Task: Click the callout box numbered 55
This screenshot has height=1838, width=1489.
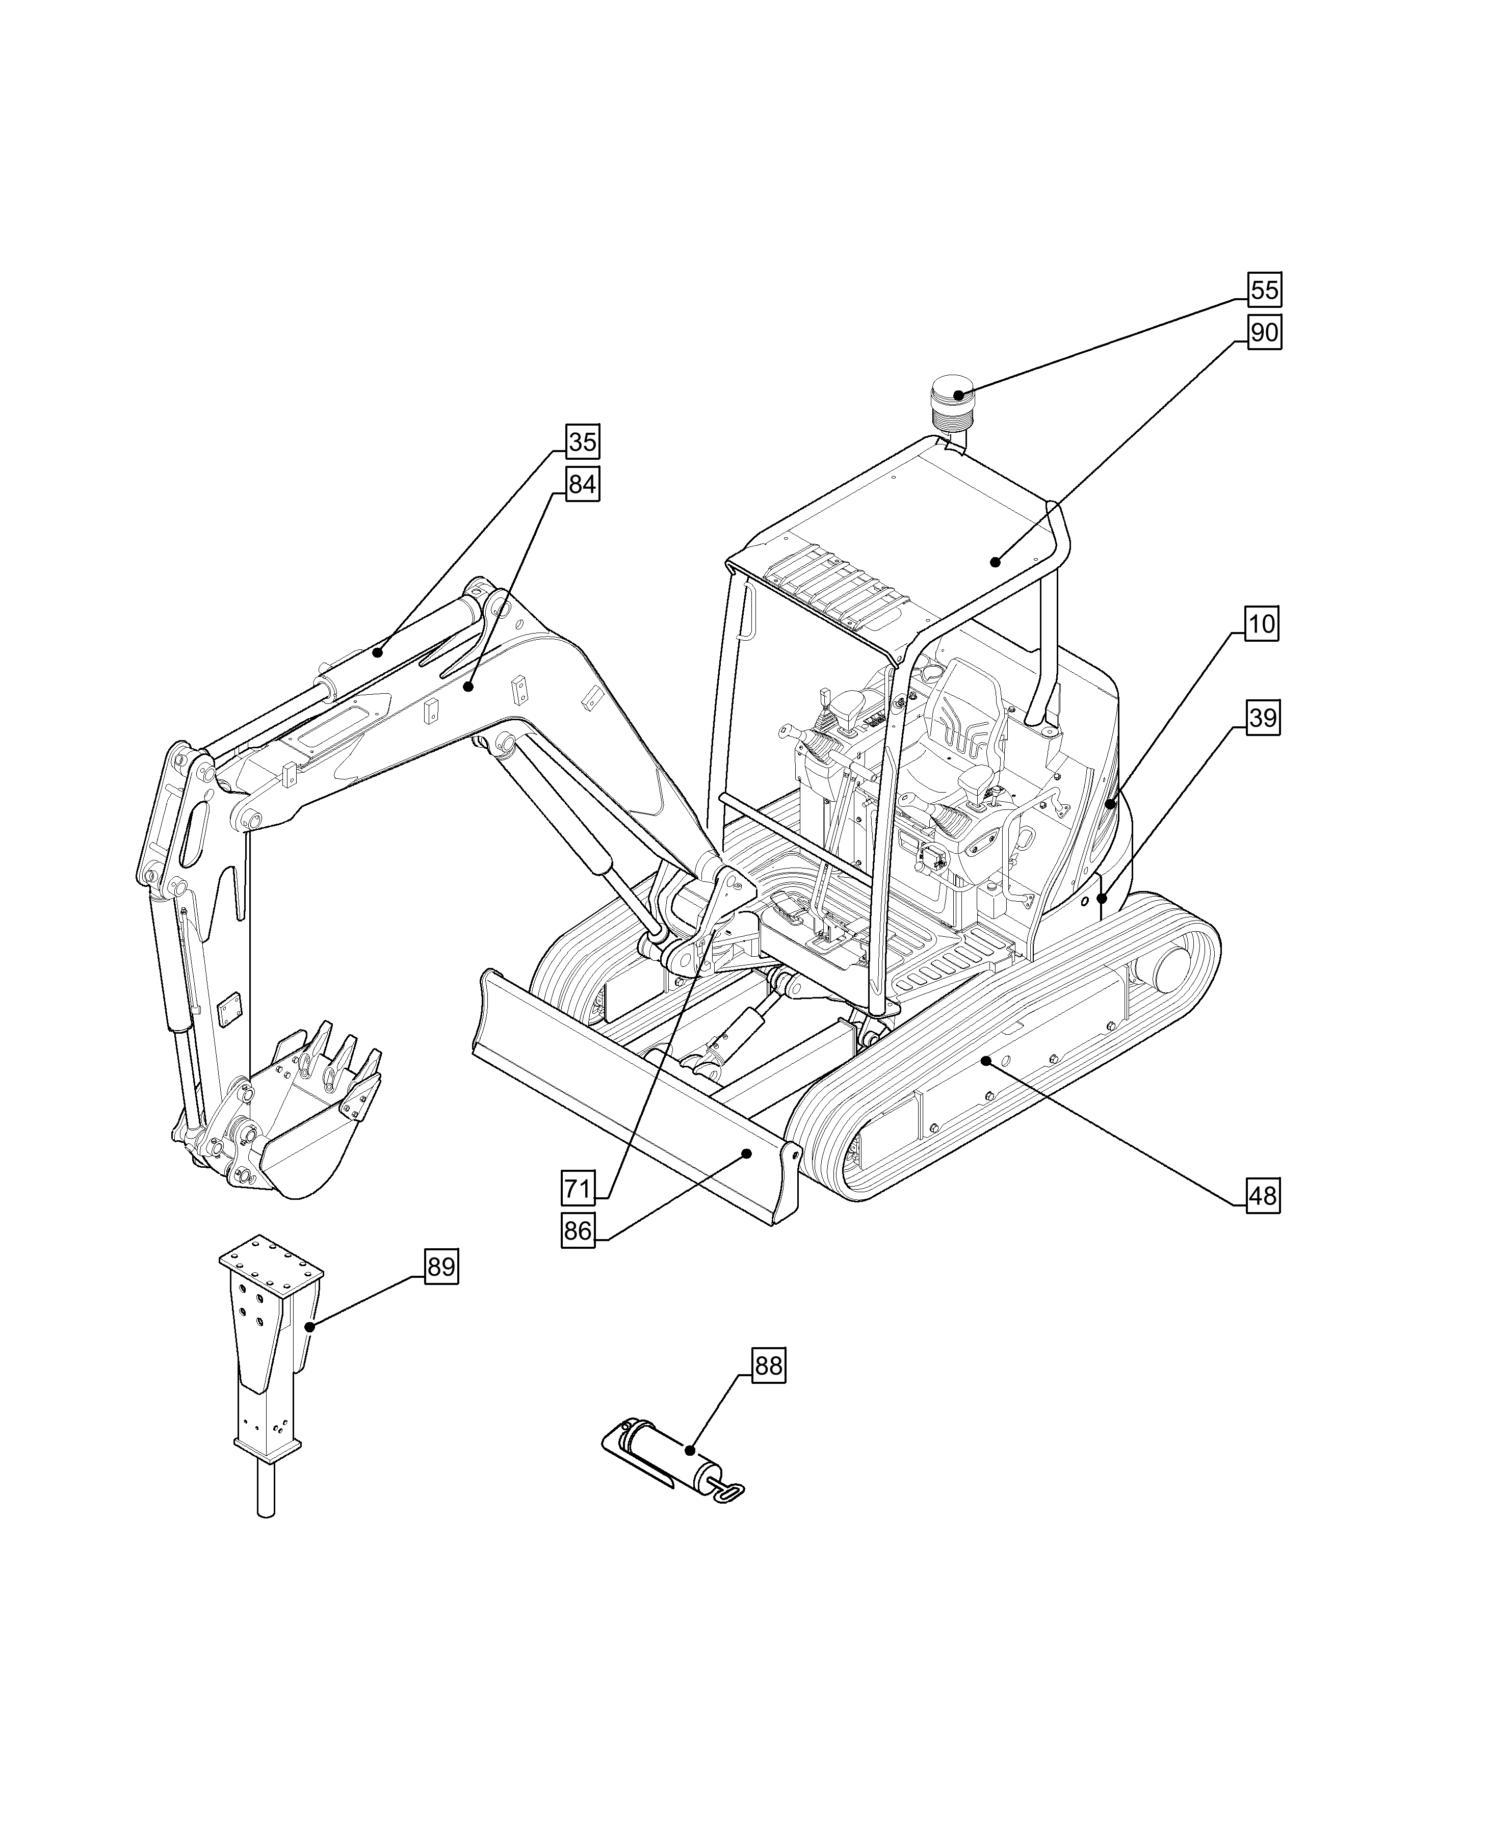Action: (x=1263, y=290)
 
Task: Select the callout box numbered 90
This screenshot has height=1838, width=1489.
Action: (x=1263, y=332)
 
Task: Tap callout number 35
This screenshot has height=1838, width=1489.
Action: (x=582, y=442)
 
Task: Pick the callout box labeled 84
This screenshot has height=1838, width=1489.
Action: (x=582, y=485)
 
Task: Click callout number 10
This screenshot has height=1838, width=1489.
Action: (x=1262, y=623)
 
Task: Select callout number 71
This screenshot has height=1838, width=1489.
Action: (x=578, y=1189)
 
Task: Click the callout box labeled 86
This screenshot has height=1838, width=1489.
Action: (x=578, y=1231)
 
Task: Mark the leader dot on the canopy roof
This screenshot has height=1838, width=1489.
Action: (x=995, y=562)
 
